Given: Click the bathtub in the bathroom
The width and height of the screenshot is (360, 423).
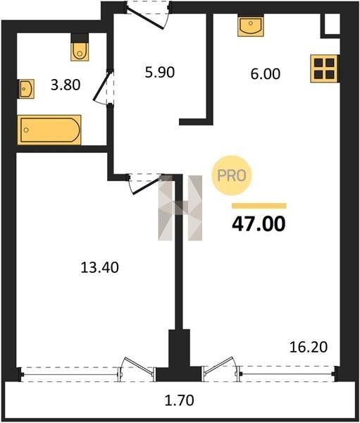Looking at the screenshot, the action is click(49, 130).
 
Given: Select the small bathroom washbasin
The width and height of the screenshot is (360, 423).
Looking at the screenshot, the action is click(26, 89).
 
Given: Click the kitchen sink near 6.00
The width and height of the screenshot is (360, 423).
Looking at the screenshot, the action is click(251, 25).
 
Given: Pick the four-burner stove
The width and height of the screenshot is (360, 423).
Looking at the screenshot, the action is click(324, 68).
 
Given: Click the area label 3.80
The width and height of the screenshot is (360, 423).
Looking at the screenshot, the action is click(66, 85).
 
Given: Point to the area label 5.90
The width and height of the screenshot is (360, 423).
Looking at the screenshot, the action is click(160, 73).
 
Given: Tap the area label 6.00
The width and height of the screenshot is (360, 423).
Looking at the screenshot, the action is click(266, 74).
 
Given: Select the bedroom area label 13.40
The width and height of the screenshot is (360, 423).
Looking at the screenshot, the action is click(100, 268).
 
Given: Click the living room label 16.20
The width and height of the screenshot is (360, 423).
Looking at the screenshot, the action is click(309, 347).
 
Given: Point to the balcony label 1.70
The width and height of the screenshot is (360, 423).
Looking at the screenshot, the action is click(180, 400).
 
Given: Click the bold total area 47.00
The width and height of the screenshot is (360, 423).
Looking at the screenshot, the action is click(259, 224).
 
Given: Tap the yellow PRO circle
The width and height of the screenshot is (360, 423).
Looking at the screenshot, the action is click(232, 176).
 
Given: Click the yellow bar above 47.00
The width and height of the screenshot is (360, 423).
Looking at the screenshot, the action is click(259, 206).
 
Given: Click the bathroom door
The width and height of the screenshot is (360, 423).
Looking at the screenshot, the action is click(104, 87).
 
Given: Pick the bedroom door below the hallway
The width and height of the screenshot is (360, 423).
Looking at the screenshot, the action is click(146, 183).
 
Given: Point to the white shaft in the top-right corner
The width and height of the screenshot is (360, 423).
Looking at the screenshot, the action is click(333, 24).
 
